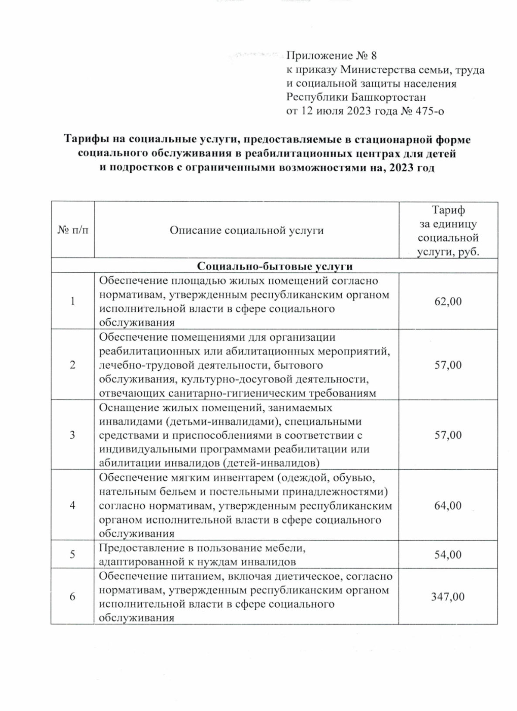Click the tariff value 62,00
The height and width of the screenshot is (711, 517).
click(x=448, y=301)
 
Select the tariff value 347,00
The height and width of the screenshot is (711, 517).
click(x=448, y=597)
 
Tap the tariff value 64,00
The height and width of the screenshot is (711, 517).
click(x=448, y=506)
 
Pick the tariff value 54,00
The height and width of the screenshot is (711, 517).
click(x=448, y=555)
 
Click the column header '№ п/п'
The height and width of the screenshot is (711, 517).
click(x=72, y=230)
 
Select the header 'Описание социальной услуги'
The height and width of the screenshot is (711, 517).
click(x=246, y=230)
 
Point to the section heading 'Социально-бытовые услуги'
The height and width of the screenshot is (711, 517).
click(x=274, y=266)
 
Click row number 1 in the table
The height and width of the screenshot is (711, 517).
click(x=72, y=301)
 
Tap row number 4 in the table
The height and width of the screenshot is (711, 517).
click(x=72, y=506)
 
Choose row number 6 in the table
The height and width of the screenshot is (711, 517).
click(x=72, y=597)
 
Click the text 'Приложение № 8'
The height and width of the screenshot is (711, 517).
click(x=331, y=56)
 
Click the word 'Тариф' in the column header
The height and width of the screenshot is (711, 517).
click(x=448, y=211)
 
